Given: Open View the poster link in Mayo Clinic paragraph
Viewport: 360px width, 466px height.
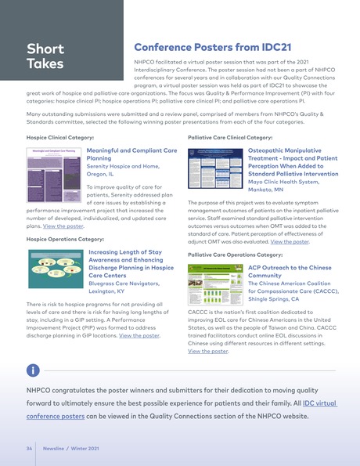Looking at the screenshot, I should tap(289, 242).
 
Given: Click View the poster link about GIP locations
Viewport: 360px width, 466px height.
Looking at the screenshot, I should tap(139, 335).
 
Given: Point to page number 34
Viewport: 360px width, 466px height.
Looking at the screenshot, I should tap(29, 449).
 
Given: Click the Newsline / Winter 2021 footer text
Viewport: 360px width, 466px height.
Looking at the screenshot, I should tap(71, 449).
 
